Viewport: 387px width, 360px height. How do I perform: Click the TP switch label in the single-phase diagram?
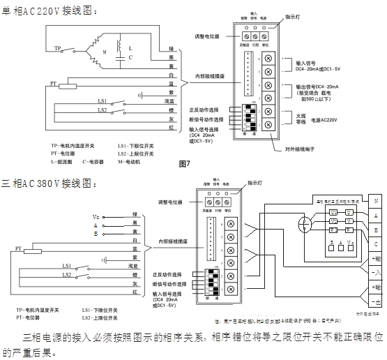(59, 48)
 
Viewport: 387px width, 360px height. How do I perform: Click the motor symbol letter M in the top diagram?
(104, 52)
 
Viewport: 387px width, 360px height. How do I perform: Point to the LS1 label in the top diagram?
(101, 101)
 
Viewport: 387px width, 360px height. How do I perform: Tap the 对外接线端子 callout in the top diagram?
(301, 149)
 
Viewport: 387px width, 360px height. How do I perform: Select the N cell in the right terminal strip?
(377, 200)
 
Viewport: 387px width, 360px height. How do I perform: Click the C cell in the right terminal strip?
(377, 243)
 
